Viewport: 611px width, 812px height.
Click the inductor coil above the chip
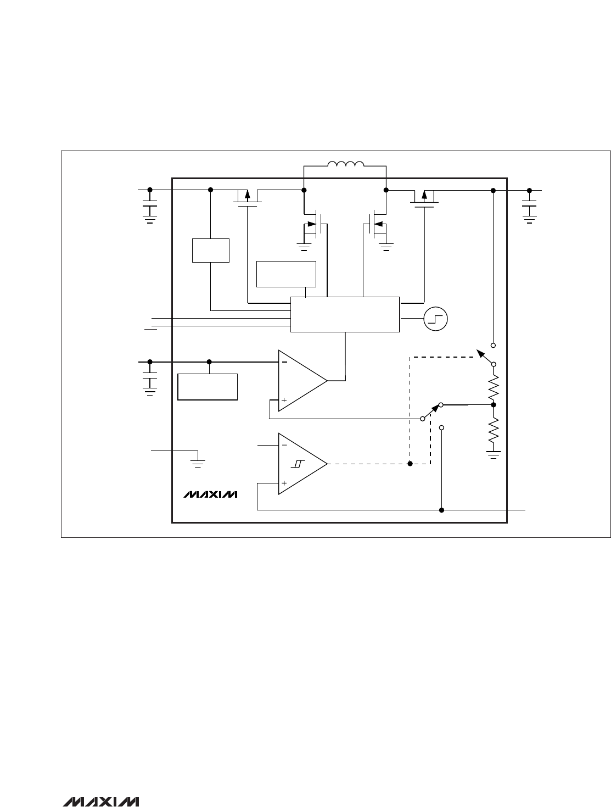[x=346, y=164]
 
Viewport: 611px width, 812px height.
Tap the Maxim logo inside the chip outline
[x=210, y=494]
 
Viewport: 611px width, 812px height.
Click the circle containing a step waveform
[x=435, y=319]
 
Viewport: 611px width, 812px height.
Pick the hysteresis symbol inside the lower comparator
[x=298, y=464]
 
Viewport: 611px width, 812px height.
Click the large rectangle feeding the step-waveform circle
[x=345, y=314]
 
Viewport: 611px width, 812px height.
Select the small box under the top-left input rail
[x=211, y=251]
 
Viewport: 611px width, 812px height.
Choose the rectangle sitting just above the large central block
[x=286, y=274]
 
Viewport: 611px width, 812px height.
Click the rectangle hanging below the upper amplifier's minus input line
[x=208, y=387]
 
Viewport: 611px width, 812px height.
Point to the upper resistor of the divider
[x=494, y=388]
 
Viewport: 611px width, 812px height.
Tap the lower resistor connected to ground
[x=494, y=430]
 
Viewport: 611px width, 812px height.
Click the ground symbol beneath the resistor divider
[x=494, y=455]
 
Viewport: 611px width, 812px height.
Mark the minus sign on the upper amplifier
[x=284, y=362]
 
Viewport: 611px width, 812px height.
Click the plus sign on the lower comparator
[x=284, y=483]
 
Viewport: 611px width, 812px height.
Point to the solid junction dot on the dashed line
[x=410, y=464]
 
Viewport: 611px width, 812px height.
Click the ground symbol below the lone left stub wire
[x=198, y=463]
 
